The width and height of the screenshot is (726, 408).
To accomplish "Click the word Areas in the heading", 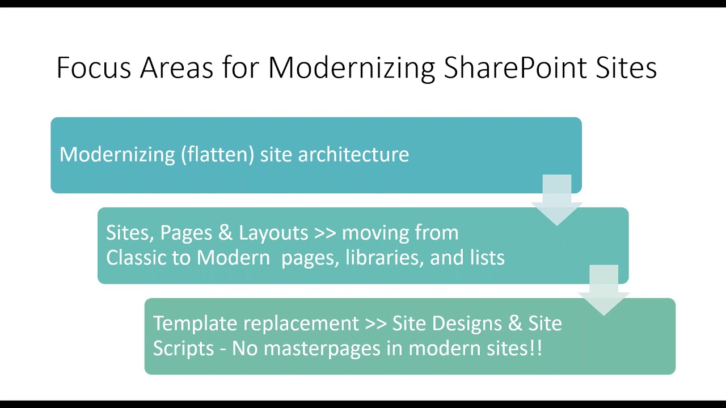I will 176,68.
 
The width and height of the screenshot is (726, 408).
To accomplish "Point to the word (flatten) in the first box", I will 218,155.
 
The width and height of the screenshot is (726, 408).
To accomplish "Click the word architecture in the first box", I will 353,155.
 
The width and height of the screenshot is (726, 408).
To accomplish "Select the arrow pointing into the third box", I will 603,289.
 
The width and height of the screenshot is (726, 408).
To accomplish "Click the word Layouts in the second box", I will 273,233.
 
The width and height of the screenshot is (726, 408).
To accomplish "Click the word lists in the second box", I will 487,258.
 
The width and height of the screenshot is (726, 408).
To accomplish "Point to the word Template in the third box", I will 195,324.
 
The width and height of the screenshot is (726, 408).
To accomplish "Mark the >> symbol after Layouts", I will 324,233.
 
